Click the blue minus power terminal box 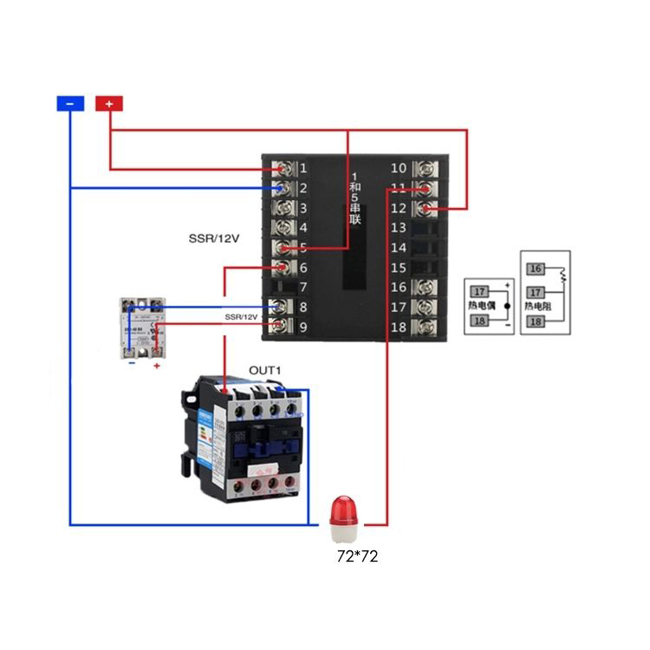tap(70, 103)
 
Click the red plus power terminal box tap(108, 103)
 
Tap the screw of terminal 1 tap(283, 168)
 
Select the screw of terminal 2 tap(283, 188)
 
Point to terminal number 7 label tap(303, 288)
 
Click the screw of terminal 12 tap(426, 208)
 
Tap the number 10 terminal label tap(399, 168)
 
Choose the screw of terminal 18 tap(426, 327)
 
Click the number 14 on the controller tap(399, 249)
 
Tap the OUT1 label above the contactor tap(266, 371)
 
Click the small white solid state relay tap(144, 328)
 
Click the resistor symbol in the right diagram tap(562, 275)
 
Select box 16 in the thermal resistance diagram tap(536, 270)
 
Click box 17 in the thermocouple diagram tap(479, 292)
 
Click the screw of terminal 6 tap(283, 268)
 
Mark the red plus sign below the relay tap(157, 367)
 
